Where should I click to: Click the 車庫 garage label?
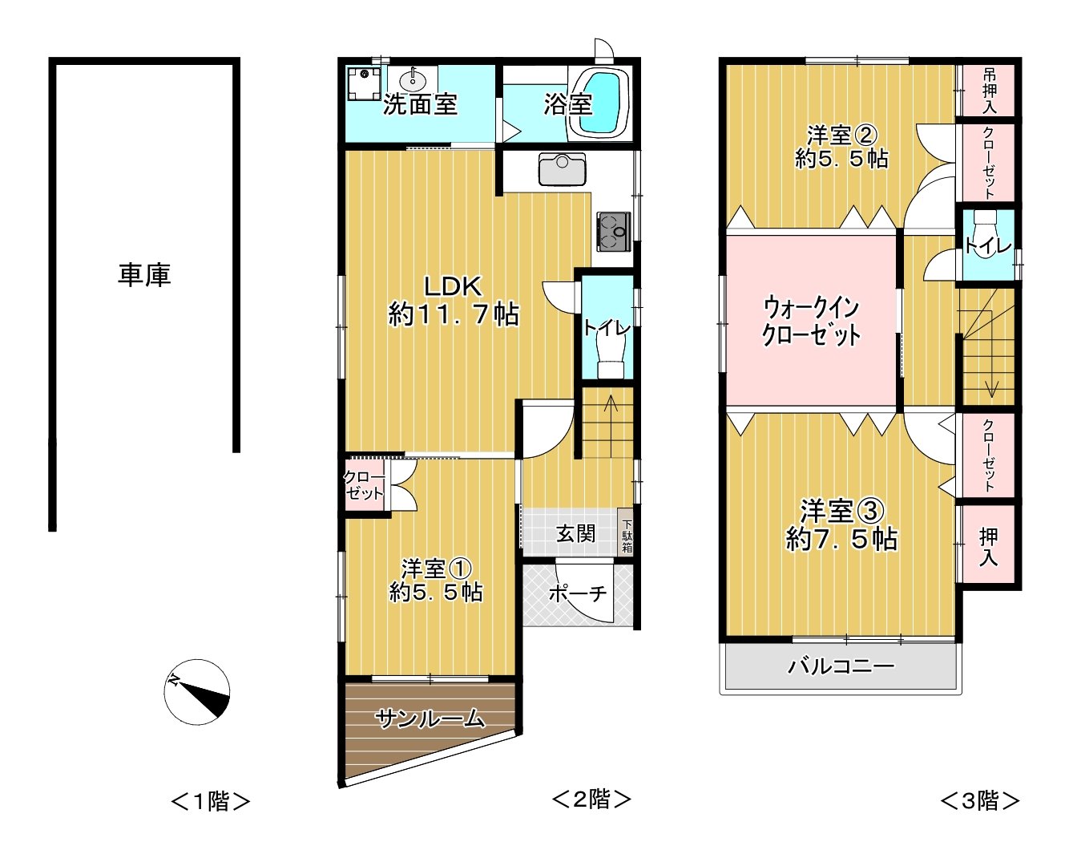(x=144, y=275)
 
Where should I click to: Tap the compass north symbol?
(x=197, y=692)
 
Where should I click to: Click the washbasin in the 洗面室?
(x=413, y=79)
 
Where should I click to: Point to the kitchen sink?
(x=562, y=169)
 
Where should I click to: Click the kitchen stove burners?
(x=613, y=232)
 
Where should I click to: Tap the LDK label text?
(x=453, y=286)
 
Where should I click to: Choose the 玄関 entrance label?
(x=576, y=533)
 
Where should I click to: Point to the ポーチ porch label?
(x=577, y=594)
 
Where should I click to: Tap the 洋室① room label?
(x=435, y=570)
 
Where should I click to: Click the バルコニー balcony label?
(x=841, y=666)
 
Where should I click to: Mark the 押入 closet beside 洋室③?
(x=989, y=546)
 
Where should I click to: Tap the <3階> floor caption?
(x=979, y=800)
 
